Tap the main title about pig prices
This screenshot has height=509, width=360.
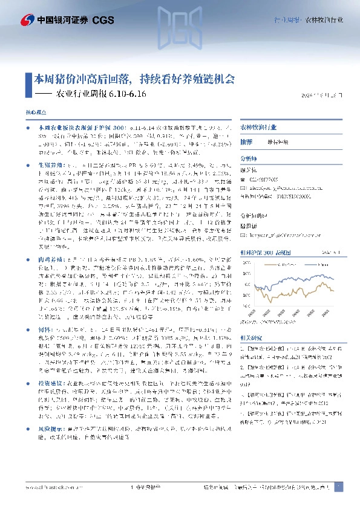coord(134,79)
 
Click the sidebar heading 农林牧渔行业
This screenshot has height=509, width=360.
coord(258,128)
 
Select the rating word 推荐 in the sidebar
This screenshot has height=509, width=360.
coord(246,141)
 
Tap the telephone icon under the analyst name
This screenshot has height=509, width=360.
coord(244,180)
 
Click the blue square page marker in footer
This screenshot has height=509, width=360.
coord(339,487)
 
